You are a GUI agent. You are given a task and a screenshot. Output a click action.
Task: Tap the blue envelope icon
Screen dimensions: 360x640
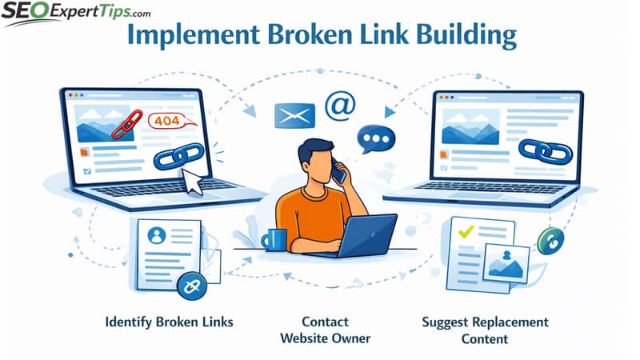(290, 116)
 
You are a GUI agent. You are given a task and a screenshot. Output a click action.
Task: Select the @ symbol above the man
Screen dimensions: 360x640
(340, 106)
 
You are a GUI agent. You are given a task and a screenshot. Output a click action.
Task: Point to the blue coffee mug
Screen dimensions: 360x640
(274, 238)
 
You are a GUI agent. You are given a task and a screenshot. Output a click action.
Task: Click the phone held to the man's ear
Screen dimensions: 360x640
(338, 174)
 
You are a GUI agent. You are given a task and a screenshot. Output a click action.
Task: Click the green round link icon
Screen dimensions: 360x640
(549, 241)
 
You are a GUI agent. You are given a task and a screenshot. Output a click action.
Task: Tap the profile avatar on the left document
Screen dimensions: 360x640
(157, 235)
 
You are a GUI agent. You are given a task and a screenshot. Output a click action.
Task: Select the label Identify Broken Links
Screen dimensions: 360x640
(169, 322)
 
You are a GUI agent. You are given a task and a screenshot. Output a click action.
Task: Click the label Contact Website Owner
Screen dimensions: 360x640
(325, 330)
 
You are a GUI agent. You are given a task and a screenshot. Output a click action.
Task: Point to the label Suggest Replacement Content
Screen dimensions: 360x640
(485, 330)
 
